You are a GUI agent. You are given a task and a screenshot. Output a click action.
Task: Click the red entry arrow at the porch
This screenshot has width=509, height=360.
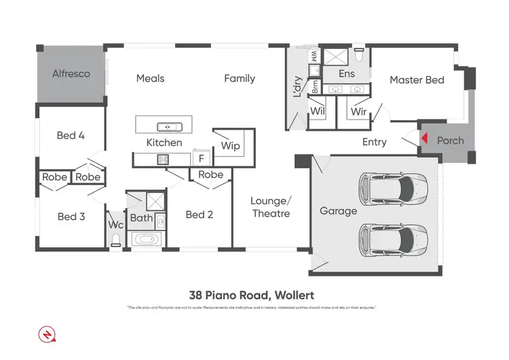click(423, 139)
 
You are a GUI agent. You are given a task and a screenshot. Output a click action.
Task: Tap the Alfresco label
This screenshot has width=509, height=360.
click(72, 73)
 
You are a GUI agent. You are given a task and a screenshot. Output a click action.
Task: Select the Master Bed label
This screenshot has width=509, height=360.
click(417, 80)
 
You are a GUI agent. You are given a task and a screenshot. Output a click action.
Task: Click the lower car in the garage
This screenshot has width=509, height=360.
click(393, 237)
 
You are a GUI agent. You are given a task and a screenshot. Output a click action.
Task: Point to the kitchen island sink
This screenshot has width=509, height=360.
click(165, 126)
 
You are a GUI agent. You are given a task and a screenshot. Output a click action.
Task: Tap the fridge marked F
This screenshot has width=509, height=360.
click(200, 159)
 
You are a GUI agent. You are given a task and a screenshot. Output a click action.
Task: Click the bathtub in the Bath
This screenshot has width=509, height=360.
click(146, 240)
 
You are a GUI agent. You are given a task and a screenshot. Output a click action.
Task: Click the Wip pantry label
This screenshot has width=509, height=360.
click(231, 146)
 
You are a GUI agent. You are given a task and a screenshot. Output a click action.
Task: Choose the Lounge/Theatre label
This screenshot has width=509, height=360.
click(270, 206)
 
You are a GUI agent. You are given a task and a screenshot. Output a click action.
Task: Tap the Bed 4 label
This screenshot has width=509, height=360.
click(71, 135)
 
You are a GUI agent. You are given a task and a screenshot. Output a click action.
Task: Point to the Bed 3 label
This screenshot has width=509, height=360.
click(71, 217)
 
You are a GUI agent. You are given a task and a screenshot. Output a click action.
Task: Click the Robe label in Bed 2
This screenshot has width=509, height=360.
click(211, 175)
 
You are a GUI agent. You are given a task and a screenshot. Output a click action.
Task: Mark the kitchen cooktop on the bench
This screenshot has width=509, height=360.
click(164, 160)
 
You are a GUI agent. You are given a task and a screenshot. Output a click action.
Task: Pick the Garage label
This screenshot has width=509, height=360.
click(338, 211)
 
